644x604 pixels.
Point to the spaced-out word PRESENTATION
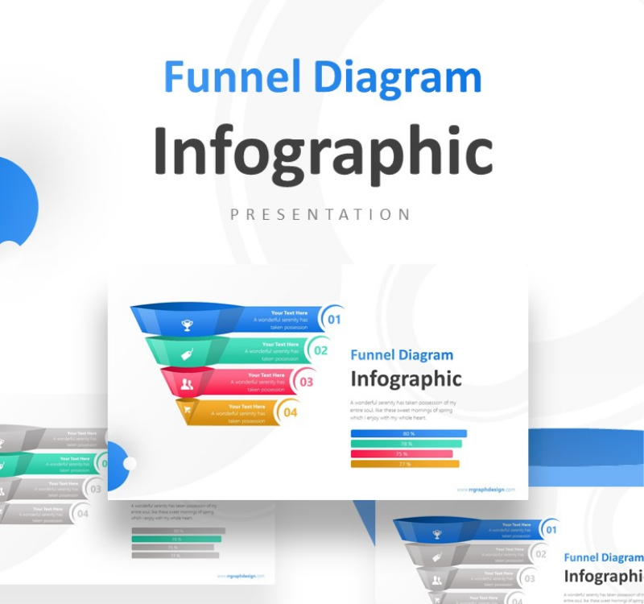[320, 214]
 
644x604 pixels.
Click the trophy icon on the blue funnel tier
[188, 325]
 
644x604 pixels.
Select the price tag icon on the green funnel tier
[187, 355]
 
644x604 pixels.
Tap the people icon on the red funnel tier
[187, 384]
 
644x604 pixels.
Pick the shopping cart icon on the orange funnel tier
[188, 412]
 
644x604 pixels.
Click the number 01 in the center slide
[334, 320]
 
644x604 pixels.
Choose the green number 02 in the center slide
[320, 350]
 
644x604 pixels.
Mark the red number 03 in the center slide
[306, 382]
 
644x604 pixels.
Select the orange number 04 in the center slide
[291, 412]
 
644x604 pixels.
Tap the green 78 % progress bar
[406, 444]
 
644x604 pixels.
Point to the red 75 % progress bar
[402, 453]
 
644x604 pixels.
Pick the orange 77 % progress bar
[404, 464]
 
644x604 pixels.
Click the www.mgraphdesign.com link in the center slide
[486, 489]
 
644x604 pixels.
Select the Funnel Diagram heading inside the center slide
[402, 355]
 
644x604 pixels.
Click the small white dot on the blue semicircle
[130, 463]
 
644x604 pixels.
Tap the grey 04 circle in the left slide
[81, 512]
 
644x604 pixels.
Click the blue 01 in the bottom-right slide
[551, 530]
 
